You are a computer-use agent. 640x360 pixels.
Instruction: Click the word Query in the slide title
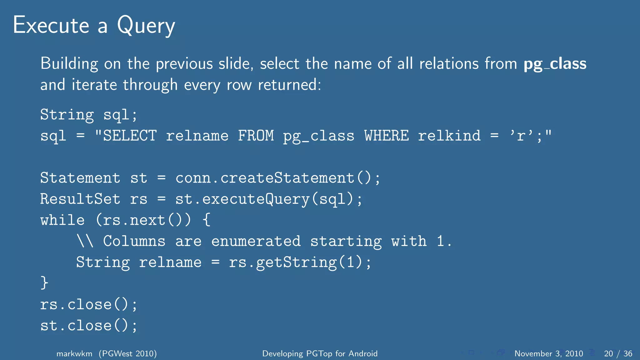click(146, 26)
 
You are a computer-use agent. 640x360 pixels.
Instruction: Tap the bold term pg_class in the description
click(555, 64)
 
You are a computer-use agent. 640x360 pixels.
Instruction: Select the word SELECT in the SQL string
click(130, 136)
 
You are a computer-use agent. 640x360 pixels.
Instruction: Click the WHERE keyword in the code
click(387, 136)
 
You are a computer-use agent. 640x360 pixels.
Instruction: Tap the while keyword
click(62, 220)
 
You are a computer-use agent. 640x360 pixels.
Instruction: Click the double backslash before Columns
click(85, 241)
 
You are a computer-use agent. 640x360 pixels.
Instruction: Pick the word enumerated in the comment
click(256, 241)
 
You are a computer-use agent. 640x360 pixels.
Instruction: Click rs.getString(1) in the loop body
click(295, 262)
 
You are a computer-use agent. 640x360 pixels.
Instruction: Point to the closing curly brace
click(44, 283)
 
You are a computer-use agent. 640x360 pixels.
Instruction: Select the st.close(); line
click(89, 326)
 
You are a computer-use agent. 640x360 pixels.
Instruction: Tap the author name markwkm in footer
click(74, 353)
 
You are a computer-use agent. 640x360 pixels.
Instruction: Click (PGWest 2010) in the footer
click(128, 353)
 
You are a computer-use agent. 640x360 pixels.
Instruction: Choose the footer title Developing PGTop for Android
click(320, 353)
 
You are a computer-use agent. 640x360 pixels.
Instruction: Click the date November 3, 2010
click(548, 353)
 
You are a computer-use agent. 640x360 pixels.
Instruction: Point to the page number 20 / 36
click(618, 353)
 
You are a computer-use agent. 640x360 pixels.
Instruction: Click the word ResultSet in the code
click(80, 199)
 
